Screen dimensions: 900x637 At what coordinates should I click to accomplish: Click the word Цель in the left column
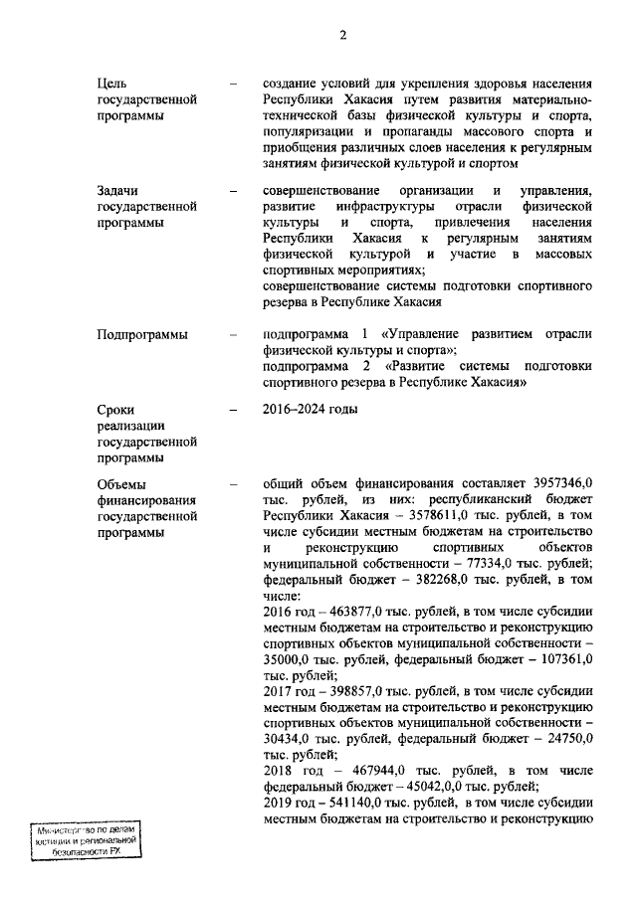[111, 85]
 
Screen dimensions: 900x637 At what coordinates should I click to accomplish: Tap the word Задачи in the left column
[117, 190]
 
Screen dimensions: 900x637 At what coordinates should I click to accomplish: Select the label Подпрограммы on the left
[142, 334]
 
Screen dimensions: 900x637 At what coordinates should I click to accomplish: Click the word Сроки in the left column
[115, 409]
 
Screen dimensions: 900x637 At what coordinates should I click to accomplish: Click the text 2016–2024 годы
[310, 409]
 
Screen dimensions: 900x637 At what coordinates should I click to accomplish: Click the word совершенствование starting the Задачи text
[322, 190]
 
